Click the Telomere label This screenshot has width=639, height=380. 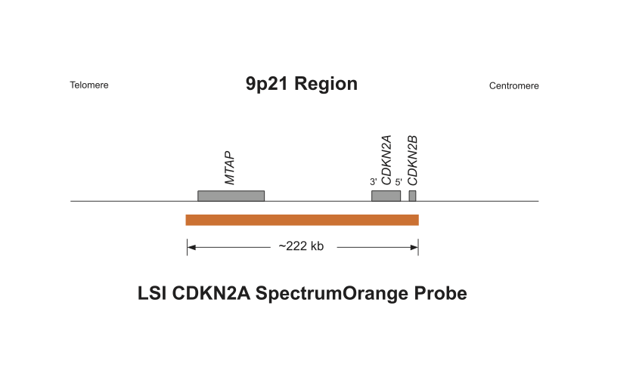(88, 85)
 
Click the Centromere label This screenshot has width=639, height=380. (514, 86)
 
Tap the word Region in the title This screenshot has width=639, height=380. (326, 84)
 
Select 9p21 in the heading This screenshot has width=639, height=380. (267, 85)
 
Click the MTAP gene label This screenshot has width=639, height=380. (230, 168)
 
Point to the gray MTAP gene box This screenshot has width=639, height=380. (231, 196)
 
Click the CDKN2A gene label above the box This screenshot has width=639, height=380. (386, 160)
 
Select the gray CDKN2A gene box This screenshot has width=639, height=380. (386, 196)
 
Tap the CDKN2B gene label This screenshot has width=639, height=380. (412, 160)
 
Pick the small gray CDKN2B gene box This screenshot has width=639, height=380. (412, 196)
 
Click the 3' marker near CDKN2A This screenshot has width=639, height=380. (374, 182)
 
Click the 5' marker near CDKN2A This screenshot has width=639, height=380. (399, 182)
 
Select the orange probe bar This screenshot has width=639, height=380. (302, 220)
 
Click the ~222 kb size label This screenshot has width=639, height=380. (301, 246)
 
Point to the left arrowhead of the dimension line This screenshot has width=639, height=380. (191, 247)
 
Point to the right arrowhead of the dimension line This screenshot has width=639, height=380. (414, 247)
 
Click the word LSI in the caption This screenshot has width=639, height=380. (151, 293)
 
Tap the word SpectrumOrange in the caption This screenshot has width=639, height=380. (331, 294)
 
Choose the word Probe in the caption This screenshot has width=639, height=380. (441, 293)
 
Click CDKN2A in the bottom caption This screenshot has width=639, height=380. (211, 293)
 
